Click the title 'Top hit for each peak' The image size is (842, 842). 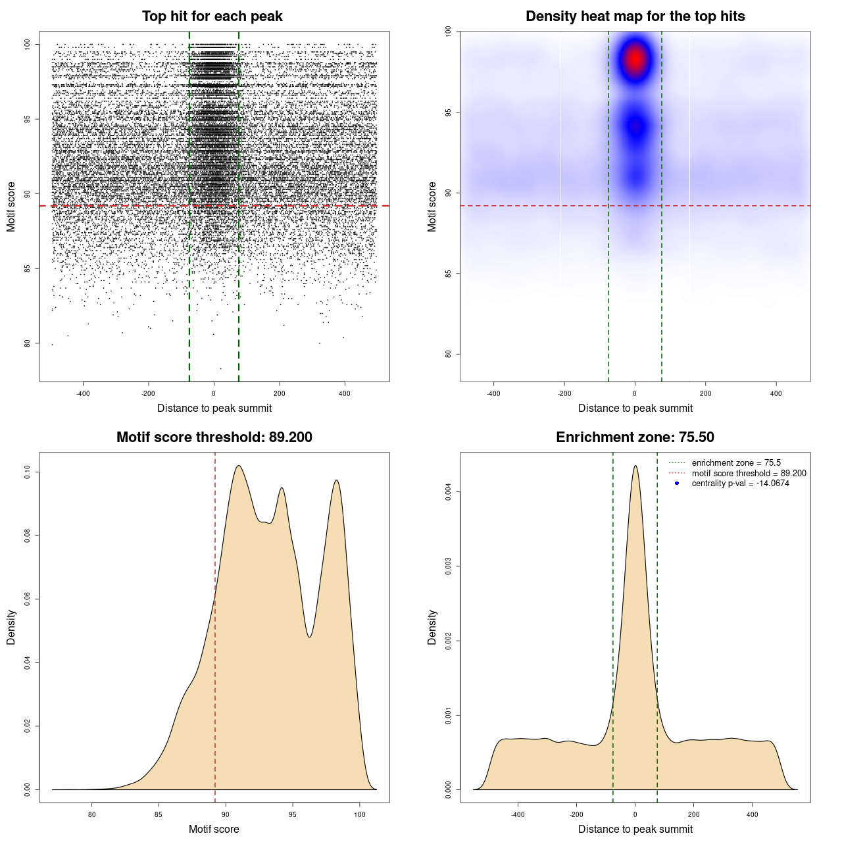(x=212, y=16)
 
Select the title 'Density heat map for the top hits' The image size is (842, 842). (x=635, y=16)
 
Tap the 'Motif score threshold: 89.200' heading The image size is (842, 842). (x=214, y=437)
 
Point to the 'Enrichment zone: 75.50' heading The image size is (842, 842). (x=635, y=437)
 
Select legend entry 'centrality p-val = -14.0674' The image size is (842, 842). (x=740, y=483)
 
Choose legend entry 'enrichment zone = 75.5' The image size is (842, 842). (x=736, y=463)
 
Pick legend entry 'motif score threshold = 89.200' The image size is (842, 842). (x=749, y=474)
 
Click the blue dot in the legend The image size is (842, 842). (x=677, y=483)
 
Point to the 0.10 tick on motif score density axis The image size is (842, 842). (x=27, y=472)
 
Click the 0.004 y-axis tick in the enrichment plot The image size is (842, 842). (x=448, y=491)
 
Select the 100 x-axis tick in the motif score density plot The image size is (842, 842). (x=359, y=814)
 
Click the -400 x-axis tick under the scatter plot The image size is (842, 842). (x=83, y=393)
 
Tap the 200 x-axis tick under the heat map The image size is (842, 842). (x=705, y=393)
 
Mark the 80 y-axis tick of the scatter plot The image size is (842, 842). (x=27, y=343)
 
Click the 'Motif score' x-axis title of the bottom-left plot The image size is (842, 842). (x=214, y=829)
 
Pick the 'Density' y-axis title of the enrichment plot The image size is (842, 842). (x=432, y=627)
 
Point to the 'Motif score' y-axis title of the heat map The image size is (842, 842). (x=432, y=207)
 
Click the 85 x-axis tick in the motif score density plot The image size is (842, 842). (x=159, y=814)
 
